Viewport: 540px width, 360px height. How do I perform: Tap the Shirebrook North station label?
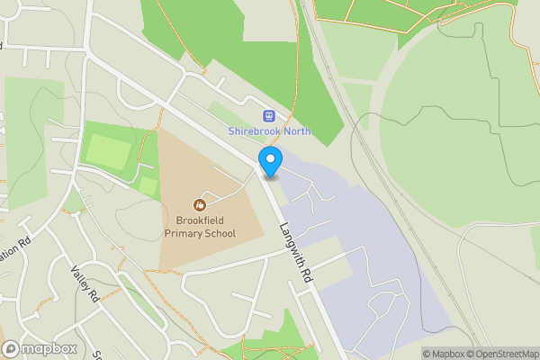[270, 131]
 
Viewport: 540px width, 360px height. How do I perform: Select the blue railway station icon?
[268, 115]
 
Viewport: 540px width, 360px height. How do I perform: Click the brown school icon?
[200, 205]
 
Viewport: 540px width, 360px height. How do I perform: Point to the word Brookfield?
[200, 220]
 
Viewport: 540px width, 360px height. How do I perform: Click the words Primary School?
[200, 234]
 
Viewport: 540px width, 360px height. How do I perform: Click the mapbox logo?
[39, 348]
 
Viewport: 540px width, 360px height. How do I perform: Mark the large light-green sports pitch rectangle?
[108, 152]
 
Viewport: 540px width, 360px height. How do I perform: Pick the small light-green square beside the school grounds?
[148, 186]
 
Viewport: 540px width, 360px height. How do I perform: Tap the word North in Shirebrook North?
[295, 131]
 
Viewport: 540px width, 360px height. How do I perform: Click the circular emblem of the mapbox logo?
[11, 348]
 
